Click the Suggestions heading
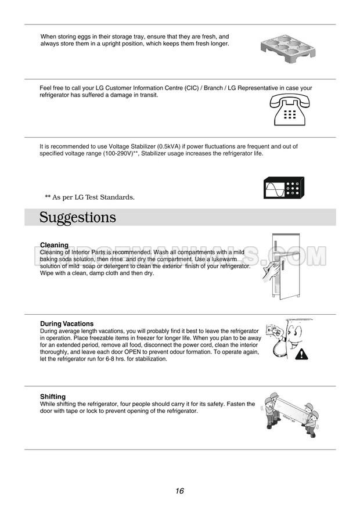[78, 218]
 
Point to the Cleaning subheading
[54, 245]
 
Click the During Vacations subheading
[67, 323]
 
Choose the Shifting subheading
[53, 397]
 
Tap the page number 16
[179, 491]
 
